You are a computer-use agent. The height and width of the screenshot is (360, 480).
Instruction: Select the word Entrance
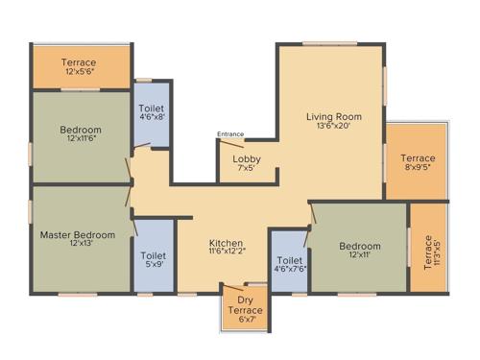coord(230,134)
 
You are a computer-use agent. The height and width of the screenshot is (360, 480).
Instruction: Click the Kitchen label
coord(226,243)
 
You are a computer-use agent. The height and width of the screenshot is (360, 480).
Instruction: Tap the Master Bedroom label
coord(78,234)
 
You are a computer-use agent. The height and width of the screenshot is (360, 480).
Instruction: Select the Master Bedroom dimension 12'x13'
coord(78,245)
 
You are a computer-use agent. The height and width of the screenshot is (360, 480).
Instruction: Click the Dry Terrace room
coord(244,305)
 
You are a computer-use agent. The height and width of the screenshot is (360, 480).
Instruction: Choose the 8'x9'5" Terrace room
coord(417,161)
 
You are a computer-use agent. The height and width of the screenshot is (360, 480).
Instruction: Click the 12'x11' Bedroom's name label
coord(359,246)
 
